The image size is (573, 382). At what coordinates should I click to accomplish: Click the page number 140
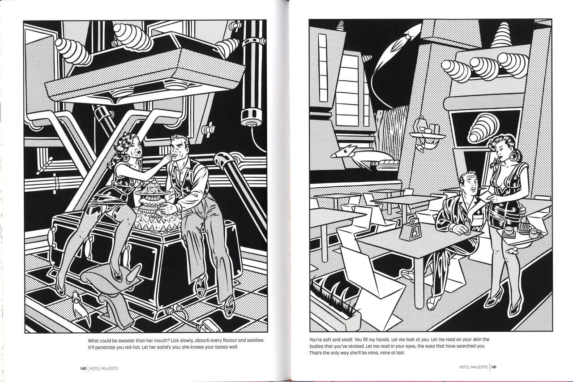click(x=83, y=369)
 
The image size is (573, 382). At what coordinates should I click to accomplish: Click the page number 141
click(x=494, y=367)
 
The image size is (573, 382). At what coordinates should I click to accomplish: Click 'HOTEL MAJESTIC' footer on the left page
click(x=105, y=369)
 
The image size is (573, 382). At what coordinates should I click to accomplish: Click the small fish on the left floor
click(x=78, y=306)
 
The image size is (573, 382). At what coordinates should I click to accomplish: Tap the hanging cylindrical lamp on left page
click(x=251, y=116)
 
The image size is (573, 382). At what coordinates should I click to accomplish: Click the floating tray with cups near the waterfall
click(x=427, y=133)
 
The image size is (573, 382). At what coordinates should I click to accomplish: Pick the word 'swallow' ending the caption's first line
click(x=255, y=340)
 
